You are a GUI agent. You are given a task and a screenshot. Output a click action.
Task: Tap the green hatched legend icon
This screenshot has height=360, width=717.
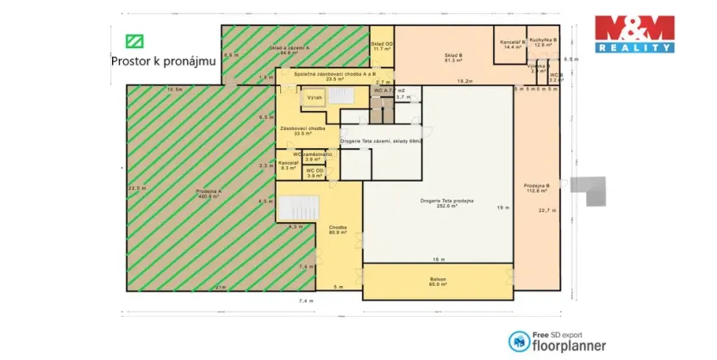pos(134,40)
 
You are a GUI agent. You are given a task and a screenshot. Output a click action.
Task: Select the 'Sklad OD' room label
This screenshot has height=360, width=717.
pos(383,46)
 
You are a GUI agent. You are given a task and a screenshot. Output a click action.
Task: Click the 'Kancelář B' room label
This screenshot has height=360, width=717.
pos(514,45)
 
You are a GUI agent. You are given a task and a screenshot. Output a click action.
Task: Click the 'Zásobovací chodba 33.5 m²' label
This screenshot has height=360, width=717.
pos(301,131)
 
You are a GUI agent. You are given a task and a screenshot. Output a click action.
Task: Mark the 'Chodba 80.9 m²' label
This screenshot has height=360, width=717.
pos(337,230)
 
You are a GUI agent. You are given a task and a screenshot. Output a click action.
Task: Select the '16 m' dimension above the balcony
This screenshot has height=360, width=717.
pos(439,259)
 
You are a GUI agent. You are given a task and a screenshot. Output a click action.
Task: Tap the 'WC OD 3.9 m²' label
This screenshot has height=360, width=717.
pos(316,173)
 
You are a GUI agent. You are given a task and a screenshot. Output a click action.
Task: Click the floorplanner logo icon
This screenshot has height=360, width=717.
pos(519,343)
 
